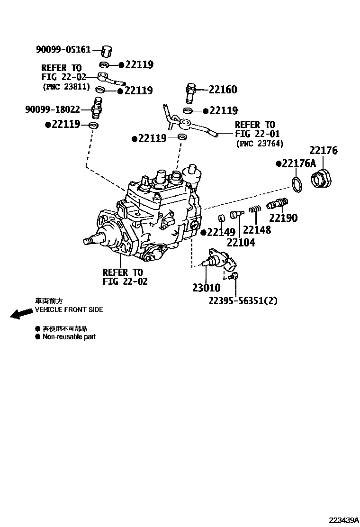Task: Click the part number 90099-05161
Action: click(63, 49)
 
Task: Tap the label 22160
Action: click(223, 90)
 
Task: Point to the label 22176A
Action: click(298, 164)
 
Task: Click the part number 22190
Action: click(283, 218)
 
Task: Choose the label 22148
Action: click(257, 230)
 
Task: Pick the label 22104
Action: click(241, 242)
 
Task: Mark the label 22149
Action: click(220, 232)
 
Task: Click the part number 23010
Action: click(206, 287)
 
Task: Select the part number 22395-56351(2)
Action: click(243, 300)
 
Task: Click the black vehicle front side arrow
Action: click(20, 314)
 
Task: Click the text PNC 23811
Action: click(65, 87)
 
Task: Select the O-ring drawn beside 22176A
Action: click(297, 185)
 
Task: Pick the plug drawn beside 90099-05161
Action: click(108, 50)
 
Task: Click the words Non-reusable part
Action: click(69, 337)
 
